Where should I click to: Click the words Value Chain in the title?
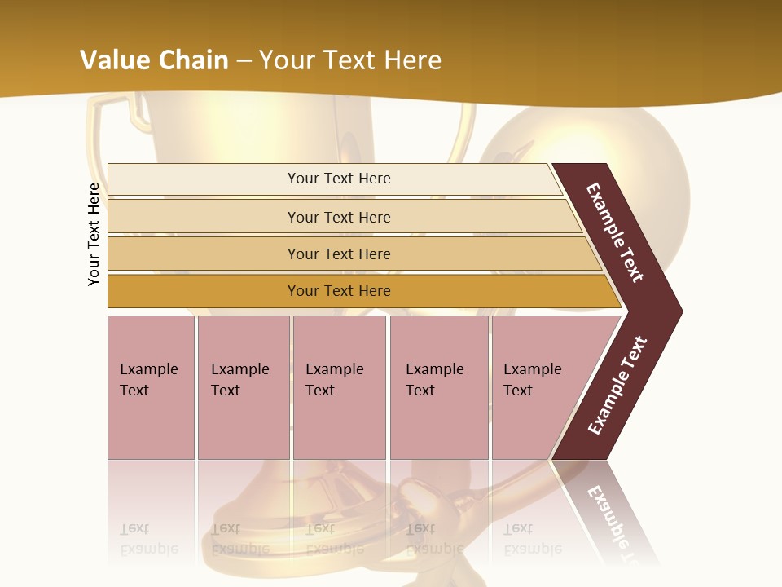click(154, 60)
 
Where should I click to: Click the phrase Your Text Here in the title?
click(350, 60)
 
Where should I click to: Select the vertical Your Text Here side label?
click(94, 234)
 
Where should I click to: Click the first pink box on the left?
click(151, 387)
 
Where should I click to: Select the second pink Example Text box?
click(243, 387)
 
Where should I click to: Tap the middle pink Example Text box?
click(339, 387)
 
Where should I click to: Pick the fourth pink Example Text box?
click(438, 387)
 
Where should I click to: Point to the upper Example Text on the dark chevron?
click(615, 233)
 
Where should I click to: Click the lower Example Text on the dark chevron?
click(617, 385)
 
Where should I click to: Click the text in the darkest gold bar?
click(339, 291)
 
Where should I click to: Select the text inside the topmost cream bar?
click(339, 179)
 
